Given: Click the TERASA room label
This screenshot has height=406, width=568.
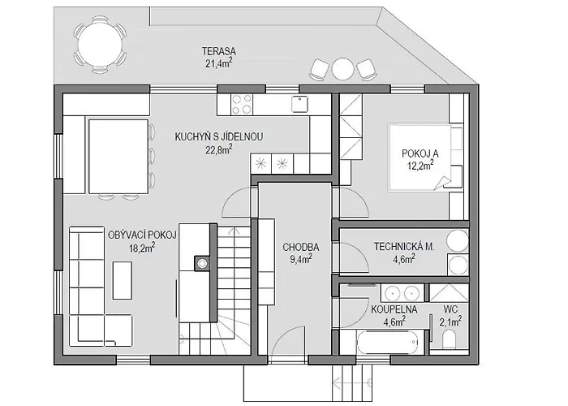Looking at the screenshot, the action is [x=219, y=51].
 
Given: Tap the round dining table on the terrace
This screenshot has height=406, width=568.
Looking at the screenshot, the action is [x=100, y=45].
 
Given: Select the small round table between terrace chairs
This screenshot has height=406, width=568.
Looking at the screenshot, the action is [x=342, y=69].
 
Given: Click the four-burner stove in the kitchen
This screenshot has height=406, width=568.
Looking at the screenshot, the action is [x=242, y=105].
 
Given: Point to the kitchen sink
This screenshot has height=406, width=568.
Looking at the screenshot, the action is [x=299, y=104].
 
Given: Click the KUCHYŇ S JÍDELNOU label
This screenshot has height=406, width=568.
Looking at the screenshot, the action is [x=219, y=137].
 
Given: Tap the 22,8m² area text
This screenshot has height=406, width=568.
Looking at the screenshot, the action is [x=219, y=149].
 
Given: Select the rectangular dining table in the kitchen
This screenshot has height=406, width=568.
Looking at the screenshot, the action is [x=118, y=157].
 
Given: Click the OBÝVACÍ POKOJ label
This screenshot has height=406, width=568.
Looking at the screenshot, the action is [x=142, y=235].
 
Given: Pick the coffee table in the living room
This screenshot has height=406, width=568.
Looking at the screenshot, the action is [x=122, y=280].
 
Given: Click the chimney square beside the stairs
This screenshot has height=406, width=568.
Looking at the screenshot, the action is [x=202, y=263].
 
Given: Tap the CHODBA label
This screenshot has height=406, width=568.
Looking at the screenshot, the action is [x=301, y=247].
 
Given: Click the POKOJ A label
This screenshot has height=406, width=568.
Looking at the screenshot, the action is [x=420, y=153].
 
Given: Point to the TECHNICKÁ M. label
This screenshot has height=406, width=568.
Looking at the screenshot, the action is [x=404, y=247].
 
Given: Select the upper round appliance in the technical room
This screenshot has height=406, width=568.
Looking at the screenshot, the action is [x=458, y=240].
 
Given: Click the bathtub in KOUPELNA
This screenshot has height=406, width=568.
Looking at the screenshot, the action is [x=387, y=343].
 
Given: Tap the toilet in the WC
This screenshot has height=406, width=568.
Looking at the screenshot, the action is [x=450, y=341].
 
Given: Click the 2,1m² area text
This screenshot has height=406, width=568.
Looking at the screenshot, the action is [x=450, y=322].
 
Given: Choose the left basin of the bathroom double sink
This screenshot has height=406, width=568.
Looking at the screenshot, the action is [x=392, y=293].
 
